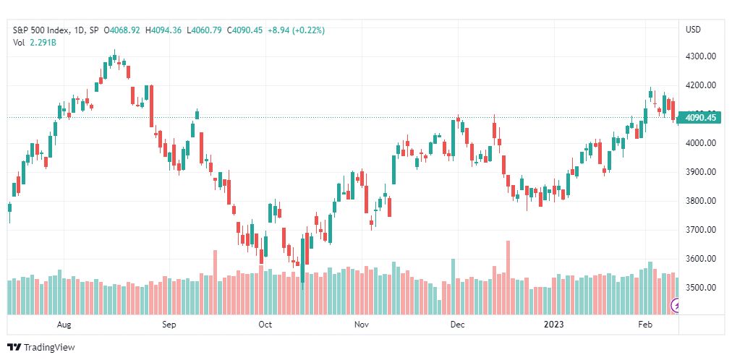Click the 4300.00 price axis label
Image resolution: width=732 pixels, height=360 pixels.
pos(700,56)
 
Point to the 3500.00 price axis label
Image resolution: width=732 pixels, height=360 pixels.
pos(700,287)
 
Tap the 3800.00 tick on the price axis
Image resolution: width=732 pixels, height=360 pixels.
pos(700,201)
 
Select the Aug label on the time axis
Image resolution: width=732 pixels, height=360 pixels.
pos(64,325)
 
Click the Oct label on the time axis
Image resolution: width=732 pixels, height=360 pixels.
pos(265,325)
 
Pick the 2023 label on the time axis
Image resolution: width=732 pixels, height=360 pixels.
pos(555,325)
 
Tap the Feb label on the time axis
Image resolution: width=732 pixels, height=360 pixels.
pos(645,325)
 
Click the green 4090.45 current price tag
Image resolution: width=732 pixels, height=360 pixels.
pos(700,118)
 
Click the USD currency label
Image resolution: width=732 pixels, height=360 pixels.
pos(693,30)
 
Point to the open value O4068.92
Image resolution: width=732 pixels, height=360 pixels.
pos(122,30)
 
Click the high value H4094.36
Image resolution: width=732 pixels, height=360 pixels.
pos(163,30)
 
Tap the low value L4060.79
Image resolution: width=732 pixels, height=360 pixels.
pos(204,30)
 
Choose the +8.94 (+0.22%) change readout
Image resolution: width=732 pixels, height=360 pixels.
pos(296,30)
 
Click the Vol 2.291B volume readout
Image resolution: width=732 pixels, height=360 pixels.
pos(34,43)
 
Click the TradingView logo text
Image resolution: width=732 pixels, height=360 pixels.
pos(41,348)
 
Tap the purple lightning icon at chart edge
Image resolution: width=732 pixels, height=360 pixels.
pos(676,306)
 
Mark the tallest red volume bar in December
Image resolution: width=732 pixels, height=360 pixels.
pos(508,278)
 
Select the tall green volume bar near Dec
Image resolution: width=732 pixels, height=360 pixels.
pos(453,286)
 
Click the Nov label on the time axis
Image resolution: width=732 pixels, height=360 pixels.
pos(362,325)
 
